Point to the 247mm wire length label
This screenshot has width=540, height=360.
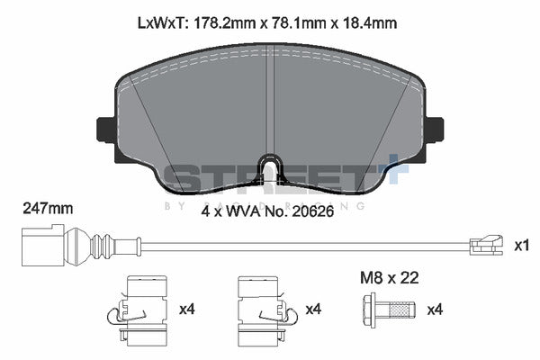click(x=47, y=209)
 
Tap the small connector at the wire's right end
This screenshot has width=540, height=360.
click(x=486, y=242)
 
